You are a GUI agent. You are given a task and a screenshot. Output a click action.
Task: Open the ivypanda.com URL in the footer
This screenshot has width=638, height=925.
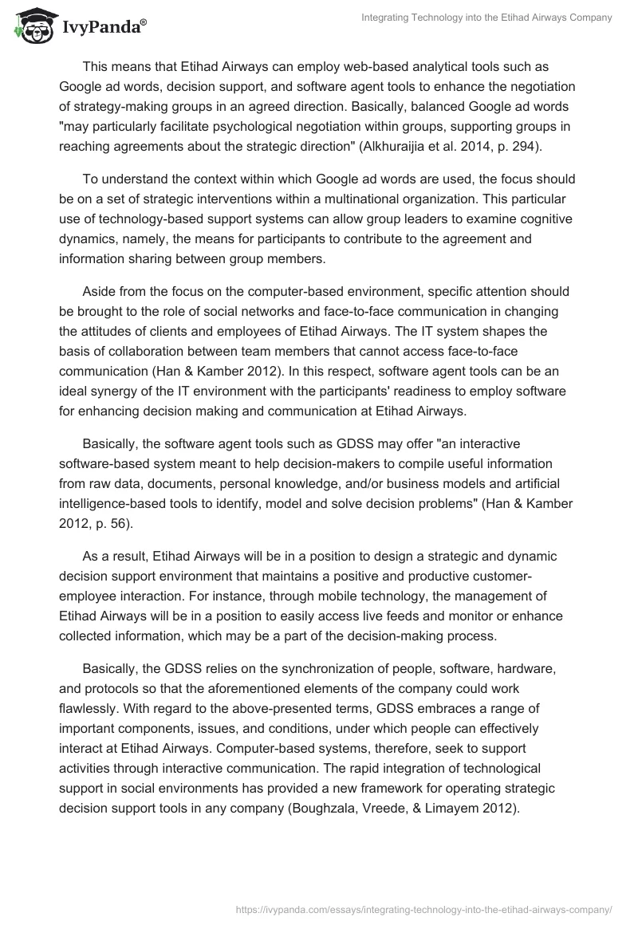point(425,908)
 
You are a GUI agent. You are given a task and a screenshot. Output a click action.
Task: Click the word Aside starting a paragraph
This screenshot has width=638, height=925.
point(100,293)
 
